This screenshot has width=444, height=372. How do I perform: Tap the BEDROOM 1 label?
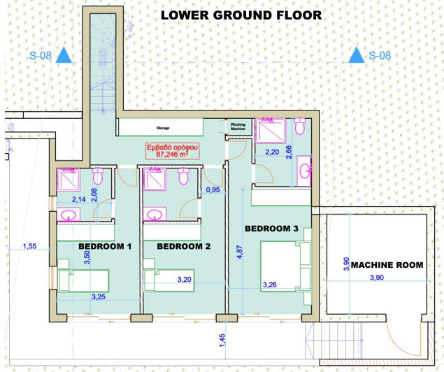105,246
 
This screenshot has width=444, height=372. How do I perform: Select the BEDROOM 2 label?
183,246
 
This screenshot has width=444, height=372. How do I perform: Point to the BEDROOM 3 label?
271,229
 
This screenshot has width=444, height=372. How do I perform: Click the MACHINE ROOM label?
387,265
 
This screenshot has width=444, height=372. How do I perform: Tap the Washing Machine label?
238,127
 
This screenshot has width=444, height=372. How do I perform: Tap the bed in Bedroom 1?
83,282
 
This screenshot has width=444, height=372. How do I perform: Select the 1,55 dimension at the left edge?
29,247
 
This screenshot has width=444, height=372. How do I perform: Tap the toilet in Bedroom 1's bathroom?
98,174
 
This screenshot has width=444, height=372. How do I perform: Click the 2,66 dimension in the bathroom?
289,152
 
